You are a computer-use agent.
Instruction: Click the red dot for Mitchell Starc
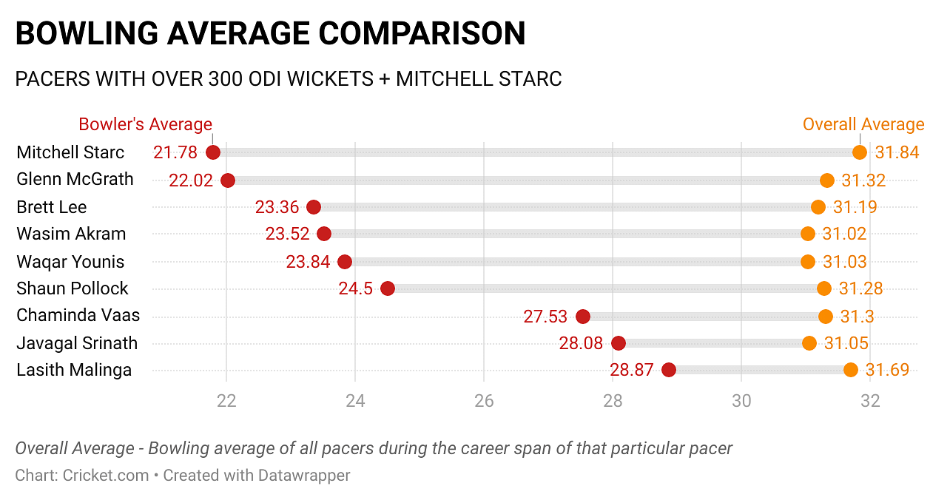pos(213,152)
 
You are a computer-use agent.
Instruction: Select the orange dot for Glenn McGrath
pos(827,180)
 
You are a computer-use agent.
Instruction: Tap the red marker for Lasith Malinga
pos(669,370)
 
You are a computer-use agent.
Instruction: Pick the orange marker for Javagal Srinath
pos(809,343)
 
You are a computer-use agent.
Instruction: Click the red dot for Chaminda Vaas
pos(583,317)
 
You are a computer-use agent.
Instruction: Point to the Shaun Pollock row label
pos(73,288)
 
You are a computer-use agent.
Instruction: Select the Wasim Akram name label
pos(71,234)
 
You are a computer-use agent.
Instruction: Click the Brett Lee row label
pos(52,207)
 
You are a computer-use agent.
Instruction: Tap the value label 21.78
pos(175,152)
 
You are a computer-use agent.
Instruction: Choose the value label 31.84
pos(897,152)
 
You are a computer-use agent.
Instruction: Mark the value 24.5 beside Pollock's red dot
pos(356,288)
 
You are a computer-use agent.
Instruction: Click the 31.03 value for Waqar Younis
pos(844,262)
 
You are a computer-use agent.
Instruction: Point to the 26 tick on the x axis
pos(484,401)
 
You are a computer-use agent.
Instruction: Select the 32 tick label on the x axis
pos(870,401)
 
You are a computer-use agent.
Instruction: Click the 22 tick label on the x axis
pos(226,401)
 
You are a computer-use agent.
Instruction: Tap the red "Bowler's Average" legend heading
pos(145,124)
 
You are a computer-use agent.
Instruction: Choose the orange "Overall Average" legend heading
pos(863,124)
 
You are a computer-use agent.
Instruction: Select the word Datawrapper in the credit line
pos(304,475)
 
